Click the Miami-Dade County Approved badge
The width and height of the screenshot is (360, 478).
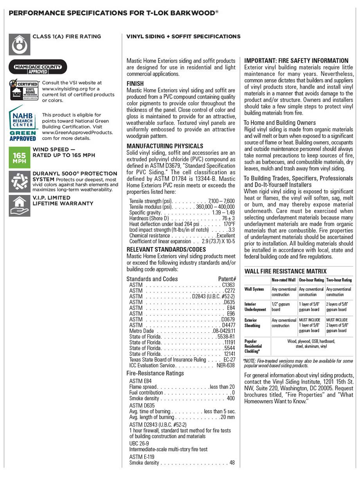click(x=38, y=67)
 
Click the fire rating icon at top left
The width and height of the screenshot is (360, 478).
click(x=19, y=45)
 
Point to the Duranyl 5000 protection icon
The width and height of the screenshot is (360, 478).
click(x=19, y=181)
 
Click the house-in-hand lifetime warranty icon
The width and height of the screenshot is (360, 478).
click(x=19, y=205)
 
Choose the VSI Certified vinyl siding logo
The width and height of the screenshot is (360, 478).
click(x=23, y=90)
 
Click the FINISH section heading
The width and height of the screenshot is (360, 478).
click(x=135, y=84)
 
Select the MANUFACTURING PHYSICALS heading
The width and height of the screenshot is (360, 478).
click(x=165, y=146)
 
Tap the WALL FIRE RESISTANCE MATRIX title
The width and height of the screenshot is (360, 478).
click(x=285, y=271)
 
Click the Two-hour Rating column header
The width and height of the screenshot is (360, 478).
click(x=338, y=280)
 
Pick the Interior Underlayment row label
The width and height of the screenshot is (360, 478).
click(x=255, y=307)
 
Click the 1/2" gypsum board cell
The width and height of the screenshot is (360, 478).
click(x=281, y=307)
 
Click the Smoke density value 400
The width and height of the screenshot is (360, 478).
click(x=230, y=399)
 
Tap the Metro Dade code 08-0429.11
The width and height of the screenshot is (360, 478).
click(x=224, y=331)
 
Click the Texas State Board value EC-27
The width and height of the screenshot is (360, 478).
click(x=229, y=359)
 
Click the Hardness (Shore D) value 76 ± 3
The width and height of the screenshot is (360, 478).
click(x=228, y=218)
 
